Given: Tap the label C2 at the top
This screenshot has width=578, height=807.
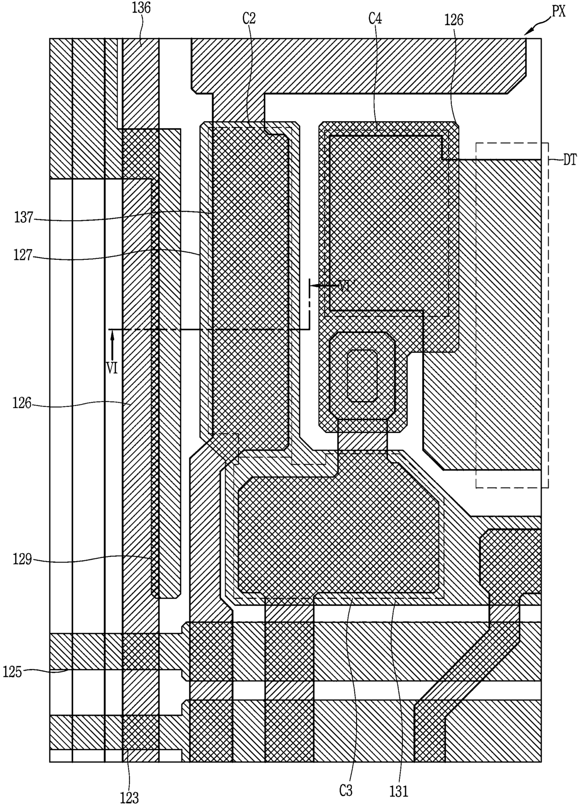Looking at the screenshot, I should click(x=249, y=18).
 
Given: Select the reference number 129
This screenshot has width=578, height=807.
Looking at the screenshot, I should click(x=22, y=559).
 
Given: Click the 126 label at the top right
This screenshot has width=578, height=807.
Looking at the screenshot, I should click(x=454, y=20).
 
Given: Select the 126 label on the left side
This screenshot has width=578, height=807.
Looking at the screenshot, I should click(x=22, y=403).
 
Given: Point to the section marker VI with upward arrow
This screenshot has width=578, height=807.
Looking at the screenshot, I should click(x=112, y=369).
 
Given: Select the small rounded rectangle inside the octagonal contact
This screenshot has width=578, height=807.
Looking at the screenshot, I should click(x=362, y=375).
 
